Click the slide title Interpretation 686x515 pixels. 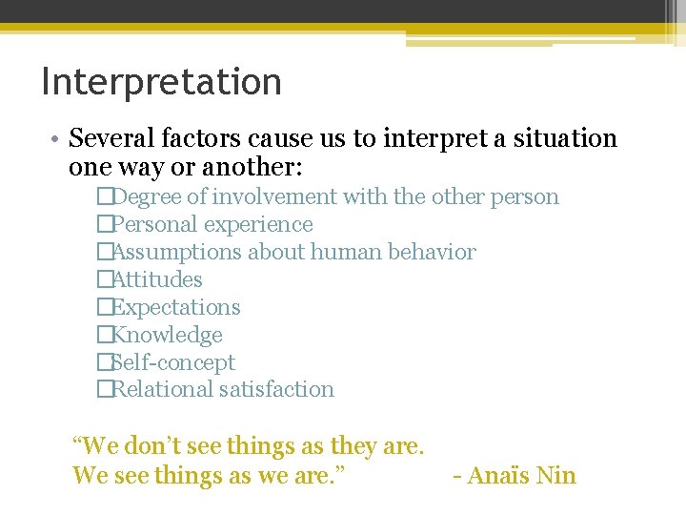click(161, 82)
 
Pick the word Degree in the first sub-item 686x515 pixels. click(151, 197)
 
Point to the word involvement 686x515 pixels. click(275, 197)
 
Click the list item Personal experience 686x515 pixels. click(212, 225)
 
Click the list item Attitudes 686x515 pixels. click(157, 280)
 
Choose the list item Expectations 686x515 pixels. click(176, 308)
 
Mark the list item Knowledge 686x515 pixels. click(168, 336)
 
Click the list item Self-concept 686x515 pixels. click(173, 363)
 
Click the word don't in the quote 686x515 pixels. click(154, 445)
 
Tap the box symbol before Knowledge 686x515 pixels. click(104, 336)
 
